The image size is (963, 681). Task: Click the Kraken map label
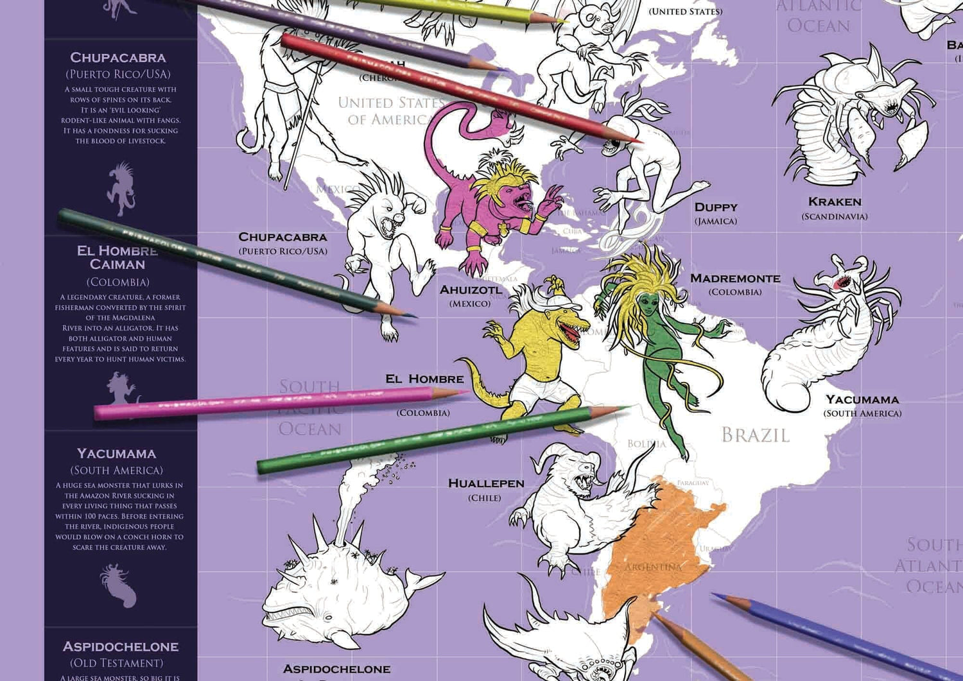[x=835, y=202]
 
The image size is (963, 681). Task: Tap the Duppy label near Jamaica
[x=716, y=207]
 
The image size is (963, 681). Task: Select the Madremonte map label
[x=735, y=279]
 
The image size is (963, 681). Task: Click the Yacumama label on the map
[x=862, y=400]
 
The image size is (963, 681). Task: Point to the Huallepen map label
[x=486, y=483]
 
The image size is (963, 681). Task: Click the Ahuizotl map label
[x=471, y=290]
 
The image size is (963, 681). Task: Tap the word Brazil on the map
[x=755, y=435]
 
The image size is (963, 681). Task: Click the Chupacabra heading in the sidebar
[x=118, y=58]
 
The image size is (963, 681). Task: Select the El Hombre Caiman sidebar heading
[x=117, y=257]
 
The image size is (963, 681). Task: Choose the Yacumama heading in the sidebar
[x=117, y=454]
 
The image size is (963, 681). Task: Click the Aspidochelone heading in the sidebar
[x=121, y=647]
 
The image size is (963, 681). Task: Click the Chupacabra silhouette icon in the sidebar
[x=121, y=189]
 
